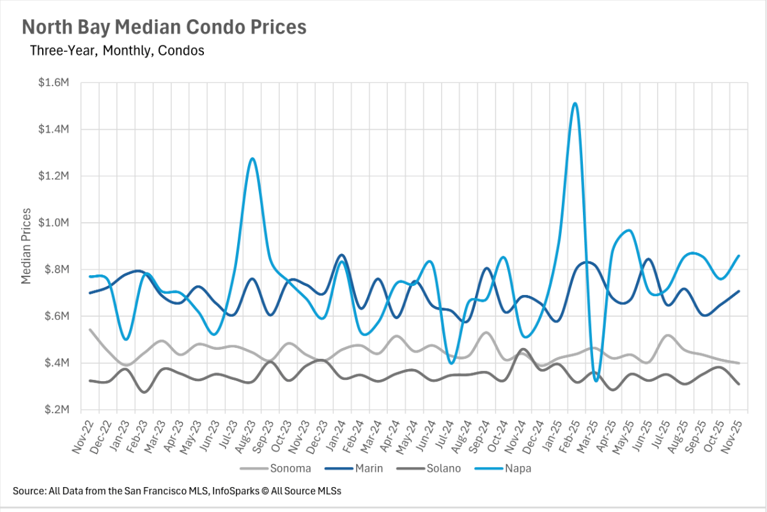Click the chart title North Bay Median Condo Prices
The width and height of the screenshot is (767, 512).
[x=164, y=27]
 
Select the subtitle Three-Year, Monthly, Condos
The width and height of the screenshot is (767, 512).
[x=117, y=50]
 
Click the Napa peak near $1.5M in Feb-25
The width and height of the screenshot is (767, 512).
[x=575, y=103]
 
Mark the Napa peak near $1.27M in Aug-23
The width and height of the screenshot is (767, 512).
[x=252, y=158]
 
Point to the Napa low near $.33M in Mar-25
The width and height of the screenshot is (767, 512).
[x=596, y=380]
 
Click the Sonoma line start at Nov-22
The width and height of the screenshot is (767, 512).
[x=90, y=330]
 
